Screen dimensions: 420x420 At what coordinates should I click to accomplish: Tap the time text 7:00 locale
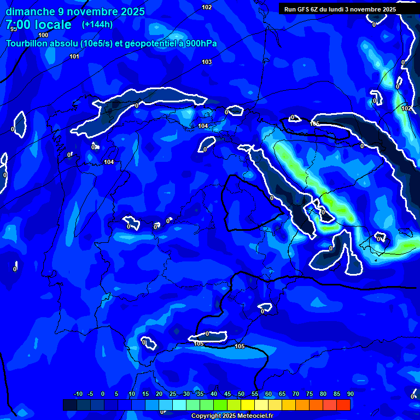point(38,25)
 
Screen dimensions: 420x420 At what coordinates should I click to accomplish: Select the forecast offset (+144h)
point(97,25)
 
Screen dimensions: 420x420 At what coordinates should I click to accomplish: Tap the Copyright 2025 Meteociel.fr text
point(232,416)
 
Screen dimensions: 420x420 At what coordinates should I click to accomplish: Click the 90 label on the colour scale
point(350,394)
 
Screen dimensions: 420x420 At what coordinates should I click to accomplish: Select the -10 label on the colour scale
point(77,394)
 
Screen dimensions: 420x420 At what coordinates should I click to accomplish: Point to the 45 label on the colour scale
point(227,394)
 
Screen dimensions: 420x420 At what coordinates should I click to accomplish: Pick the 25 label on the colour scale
point(172,394)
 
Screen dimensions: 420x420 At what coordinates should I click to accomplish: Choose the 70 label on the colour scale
point(295,394)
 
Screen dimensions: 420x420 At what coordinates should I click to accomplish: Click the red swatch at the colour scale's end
point(343,405)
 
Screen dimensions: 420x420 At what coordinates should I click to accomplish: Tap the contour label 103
point(207,62)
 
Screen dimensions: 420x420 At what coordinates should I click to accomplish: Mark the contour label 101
point(74,56)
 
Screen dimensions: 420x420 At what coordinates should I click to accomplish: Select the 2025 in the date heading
point(132,11)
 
